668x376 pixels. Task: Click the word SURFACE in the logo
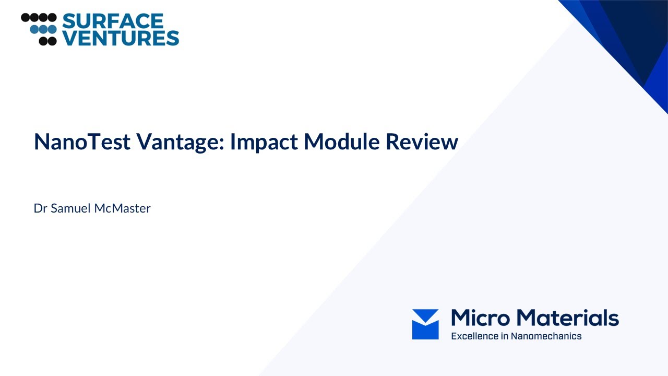coord(113,21)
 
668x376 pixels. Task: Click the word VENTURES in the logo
coord(121,38)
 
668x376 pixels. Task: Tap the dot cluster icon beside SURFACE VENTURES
coord(39,29)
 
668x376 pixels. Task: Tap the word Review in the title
coord(422,142)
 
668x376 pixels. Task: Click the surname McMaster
coord(123,208)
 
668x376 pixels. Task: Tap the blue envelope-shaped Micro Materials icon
coord(425,324)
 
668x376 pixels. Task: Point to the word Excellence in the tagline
coord(474,336)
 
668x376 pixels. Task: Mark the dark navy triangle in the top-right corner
coord(634,31)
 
